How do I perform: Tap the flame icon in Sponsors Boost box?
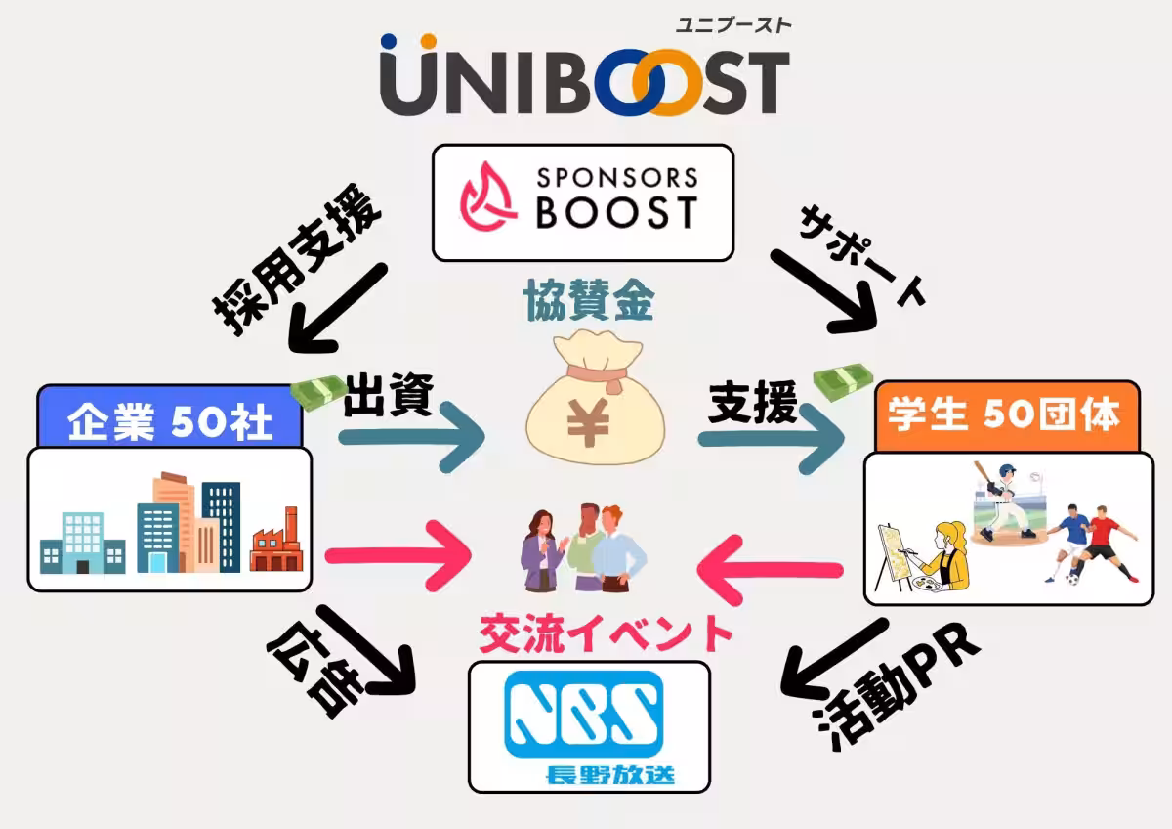(489, 202)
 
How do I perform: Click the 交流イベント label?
(606, 633)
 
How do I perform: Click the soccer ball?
(1073, 578)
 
